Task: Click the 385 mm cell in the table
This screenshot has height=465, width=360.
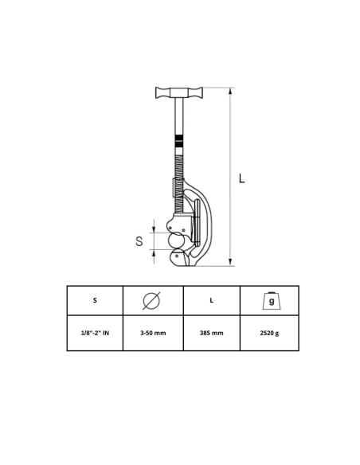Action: [x=211, y=333]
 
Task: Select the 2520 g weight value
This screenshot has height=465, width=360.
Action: [x=269, y=333]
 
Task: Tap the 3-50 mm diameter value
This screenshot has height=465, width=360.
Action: [x=153, y=333]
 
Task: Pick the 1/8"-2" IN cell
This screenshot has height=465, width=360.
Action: [x=95, y=333]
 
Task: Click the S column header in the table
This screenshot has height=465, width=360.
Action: [x=95, y=300]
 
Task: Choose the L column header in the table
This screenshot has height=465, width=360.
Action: [x=211, y=300]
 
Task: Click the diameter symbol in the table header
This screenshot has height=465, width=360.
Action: [x=151, y=301]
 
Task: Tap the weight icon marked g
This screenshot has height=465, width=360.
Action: [x=271, y=301]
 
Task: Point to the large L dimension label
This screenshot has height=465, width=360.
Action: [x=242, y=178]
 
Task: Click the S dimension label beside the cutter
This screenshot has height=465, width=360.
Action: [x=139, y=241]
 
